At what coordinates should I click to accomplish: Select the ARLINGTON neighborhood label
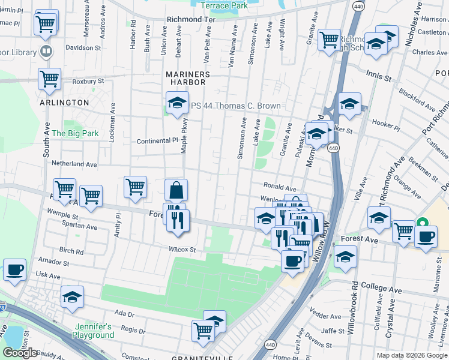(x=64, y=103)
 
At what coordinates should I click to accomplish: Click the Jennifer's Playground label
(x=93, y=331)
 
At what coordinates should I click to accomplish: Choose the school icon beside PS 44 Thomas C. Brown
(x=177, y=103)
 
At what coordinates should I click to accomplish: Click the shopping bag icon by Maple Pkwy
(x=176, y=190)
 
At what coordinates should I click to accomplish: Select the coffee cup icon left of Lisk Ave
(x=14, y=269)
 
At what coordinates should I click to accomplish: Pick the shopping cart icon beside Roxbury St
(x=49, y=79)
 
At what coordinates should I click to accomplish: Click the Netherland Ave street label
(x=74, y=164)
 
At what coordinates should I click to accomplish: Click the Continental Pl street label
(x=157, y=140)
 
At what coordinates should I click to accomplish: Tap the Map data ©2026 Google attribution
(x=412, y=355)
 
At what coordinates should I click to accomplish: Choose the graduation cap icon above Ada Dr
(x=72, y=297)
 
